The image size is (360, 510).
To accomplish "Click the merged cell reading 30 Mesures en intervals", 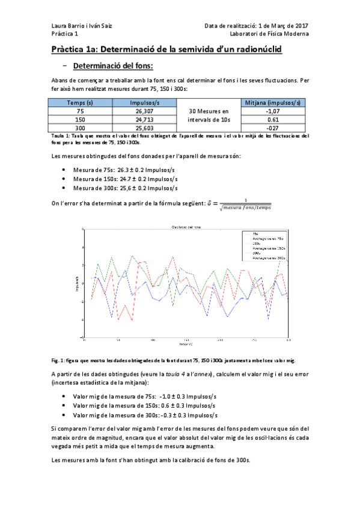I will (209, 115).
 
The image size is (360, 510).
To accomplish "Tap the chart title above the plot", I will (187, 226).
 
